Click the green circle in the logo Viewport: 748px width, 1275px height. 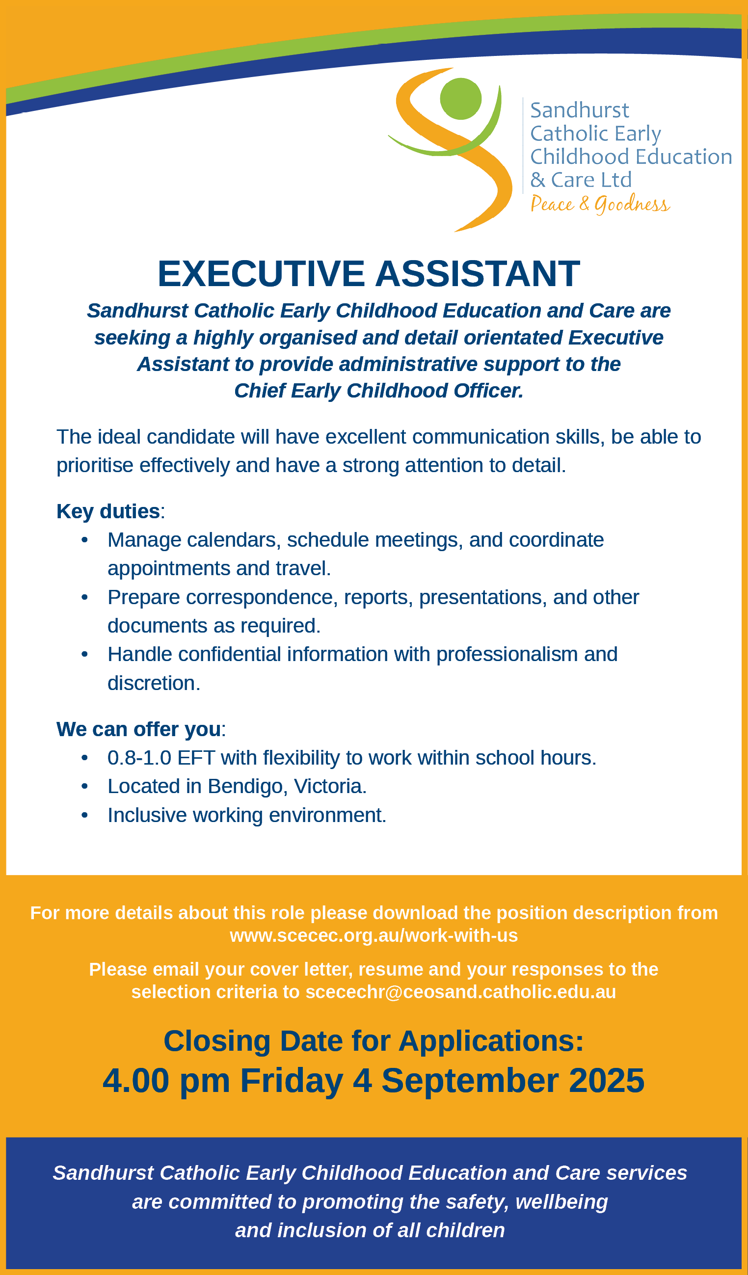tap(460, 99)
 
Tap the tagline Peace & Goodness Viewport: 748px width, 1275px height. tap(600, 204)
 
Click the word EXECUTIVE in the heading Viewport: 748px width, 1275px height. tap(261, 274)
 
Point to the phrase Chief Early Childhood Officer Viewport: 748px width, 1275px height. tap(378, 391)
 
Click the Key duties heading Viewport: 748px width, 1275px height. tap(108, 511)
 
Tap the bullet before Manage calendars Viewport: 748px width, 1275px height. tap(84, 540)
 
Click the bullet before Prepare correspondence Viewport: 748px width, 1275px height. tap(84, 598)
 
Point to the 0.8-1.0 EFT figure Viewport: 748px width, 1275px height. tap(161, 758)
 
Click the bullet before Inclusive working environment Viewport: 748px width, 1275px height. tap(84, 815)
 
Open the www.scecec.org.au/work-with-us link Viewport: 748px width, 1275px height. tap(374, 935)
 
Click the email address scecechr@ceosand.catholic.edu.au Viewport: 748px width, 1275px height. tap(460, 992)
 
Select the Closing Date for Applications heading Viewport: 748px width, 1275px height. tap(374, 1041)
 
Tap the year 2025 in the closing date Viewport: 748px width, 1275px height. tap(606, 1080)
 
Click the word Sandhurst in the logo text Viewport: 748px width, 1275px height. tap(580, 110)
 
